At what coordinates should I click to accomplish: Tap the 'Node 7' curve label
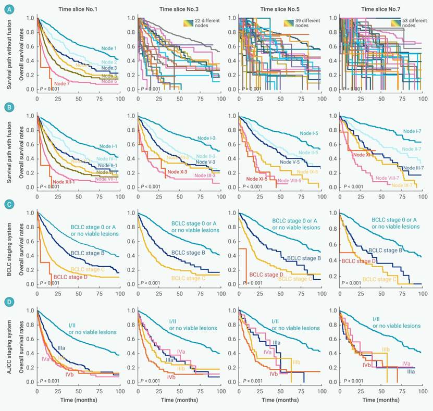coord(61,83)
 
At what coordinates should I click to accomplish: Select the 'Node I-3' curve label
coord(206,139)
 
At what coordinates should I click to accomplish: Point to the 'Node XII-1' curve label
coord(64,181)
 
